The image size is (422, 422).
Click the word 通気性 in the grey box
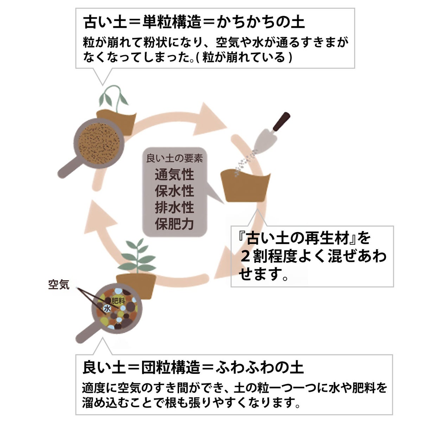[174, 175]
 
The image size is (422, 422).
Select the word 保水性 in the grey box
[174, 191]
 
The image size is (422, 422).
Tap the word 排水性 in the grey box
[174, 207]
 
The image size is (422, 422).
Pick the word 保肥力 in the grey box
[174, 224]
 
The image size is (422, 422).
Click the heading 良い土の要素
[174, 158]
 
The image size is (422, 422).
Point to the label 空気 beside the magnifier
[59, 284]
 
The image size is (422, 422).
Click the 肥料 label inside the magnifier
[118, 301]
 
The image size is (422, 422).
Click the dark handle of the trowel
[282, 121]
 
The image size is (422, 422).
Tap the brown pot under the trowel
[245, 187]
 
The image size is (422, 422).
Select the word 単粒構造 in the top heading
[172, 22]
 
